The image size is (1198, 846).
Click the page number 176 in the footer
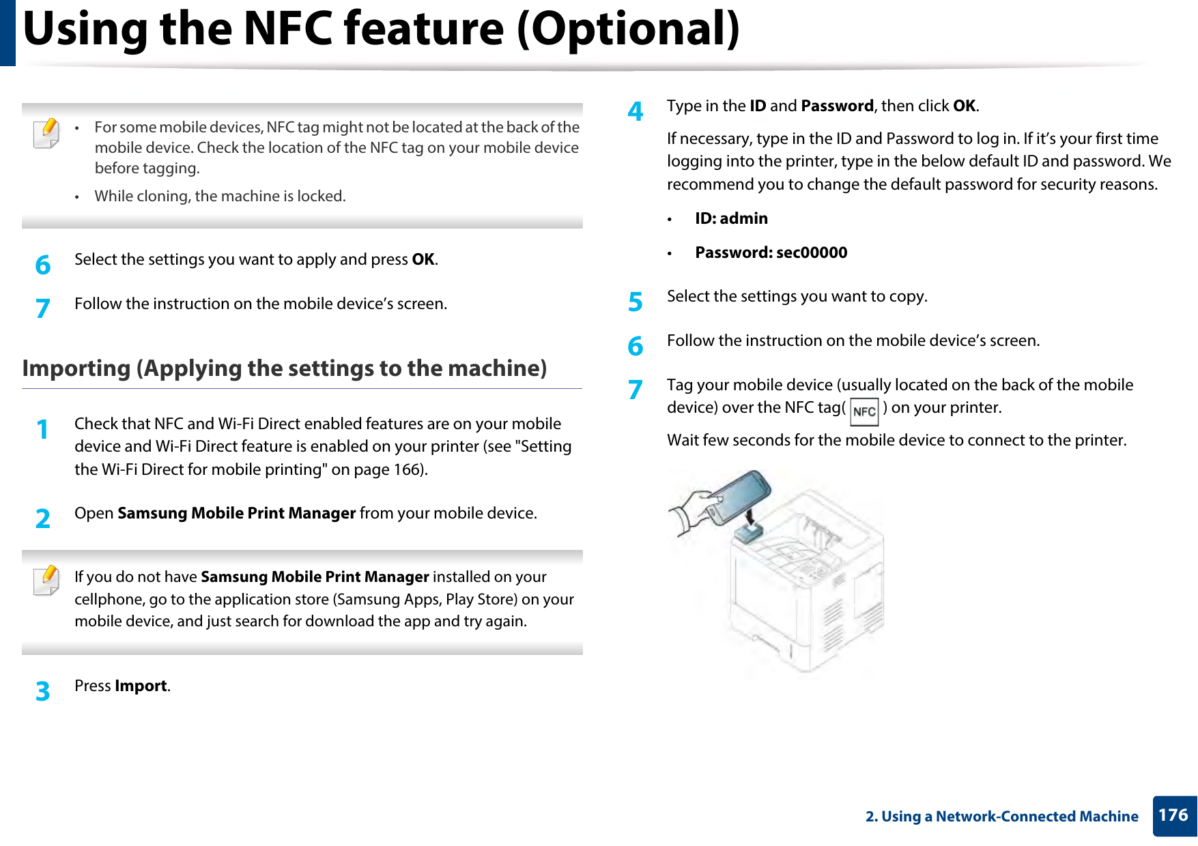click(1173, 815)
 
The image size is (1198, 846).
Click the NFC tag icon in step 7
click(864, 412)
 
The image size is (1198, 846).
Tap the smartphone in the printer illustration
click(739, 496)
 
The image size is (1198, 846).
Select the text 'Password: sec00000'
click(771, 252)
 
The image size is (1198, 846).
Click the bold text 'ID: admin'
click(731, 218)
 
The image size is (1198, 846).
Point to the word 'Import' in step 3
click(141, 686)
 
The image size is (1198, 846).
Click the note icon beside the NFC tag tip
click(46, 133)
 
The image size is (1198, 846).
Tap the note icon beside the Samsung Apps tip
click(46, 581)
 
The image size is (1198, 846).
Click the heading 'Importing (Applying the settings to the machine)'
click(284, 368)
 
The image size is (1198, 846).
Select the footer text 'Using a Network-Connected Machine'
click(1010, 817)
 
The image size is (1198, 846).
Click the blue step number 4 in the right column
click(636, 111)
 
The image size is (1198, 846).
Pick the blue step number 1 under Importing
click(43, 429)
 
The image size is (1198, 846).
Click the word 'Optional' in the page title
click(627, 29)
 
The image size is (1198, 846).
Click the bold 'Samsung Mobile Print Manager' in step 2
click(236, 513)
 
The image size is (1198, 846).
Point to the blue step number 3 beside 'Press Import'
click(43, 691)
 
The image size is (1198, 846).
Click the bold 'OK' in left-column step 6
click(423, 259)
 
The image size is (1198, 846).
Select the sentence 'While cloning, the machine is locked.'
click(220, 196)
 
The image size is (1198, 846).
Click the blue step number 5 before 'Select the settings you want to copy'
click(636, 302)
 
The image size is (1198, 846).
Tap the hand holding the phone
click(693, 510)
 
